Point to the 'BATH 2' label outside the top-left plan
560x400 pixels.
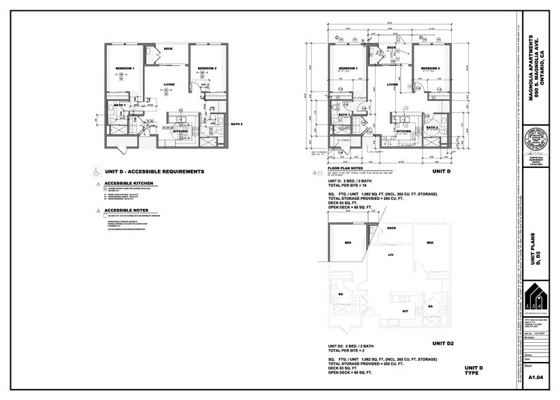click(x=236, y=124)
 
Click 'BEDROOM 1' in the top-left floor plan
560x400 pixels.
click(x=125, y=69)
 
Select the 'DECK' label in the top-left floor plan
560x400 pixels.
click(x=168, y=48)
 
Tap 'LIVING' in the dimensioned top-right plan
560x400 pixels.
click(x=393, y=85)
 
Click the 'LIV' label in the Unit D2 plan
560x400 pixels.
click(x=391, y=255)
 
